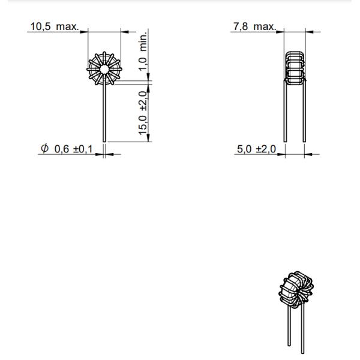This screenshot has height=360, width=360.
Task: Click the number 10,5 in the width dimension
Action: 40,27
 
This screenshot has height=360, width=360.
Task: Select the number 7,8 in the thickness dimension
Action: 241,27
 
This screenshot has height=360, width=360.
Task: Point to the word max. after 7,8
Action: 264,27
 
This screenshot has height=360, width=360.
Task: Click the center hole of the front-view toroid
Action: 104,69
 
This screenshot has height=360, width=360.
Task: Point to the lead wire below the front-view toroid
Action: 104,114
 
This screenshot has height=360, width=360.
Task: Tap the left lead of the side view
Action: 285,114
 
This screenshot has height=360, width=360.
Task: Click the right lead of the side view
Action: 304,114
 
